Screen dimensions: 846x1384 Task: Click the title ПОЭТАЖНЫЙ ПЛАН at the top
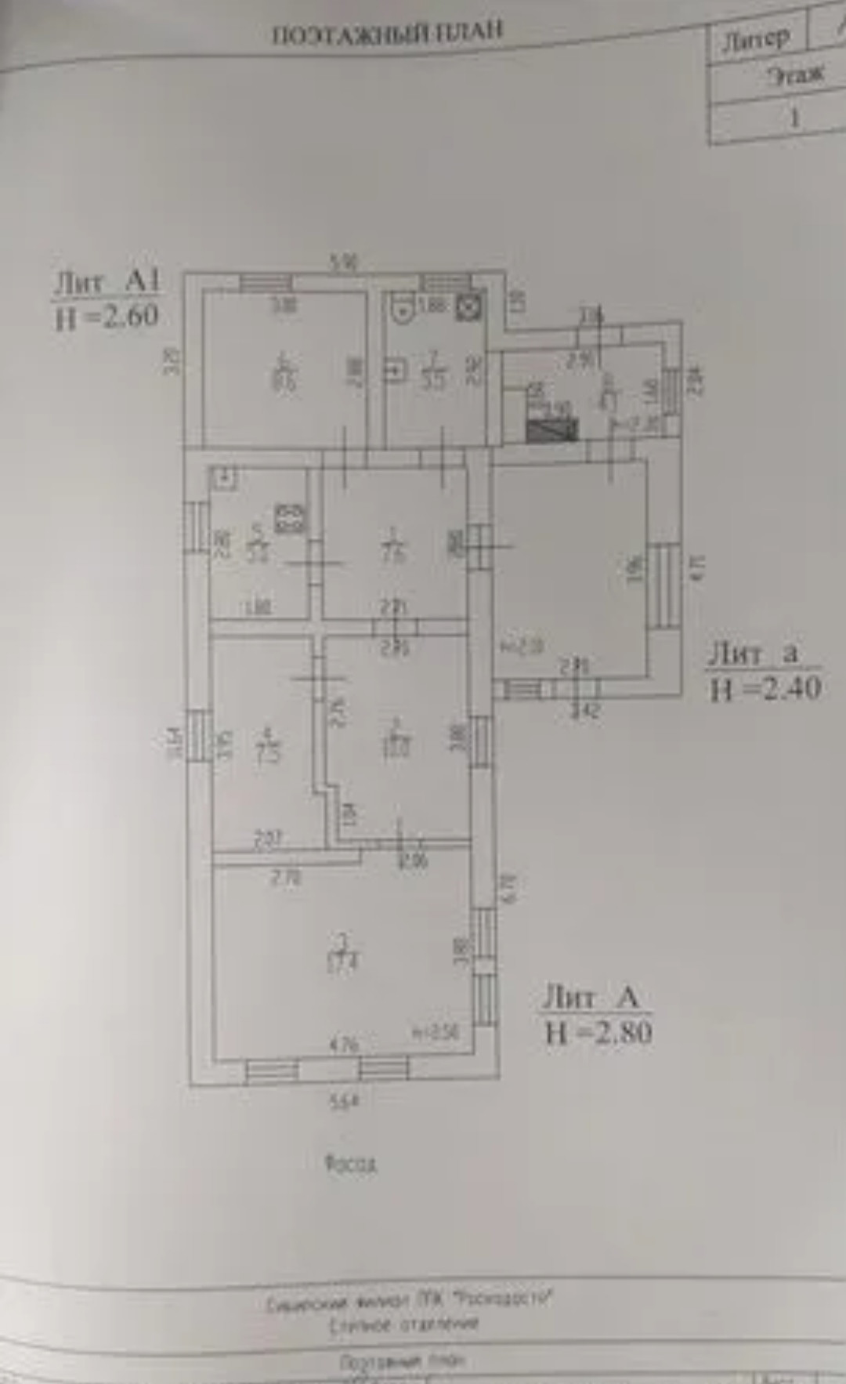[x=387, y=33]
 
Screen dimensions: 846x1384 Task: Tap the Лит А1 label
[x=107, y=282]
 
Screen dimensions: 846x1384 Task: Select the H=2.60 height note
[x=107, y=316]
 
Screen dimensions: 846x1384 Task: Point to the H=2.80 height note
[x=598, y=1032]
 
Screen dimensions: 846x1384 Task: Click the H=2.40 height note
[x=765, y=689]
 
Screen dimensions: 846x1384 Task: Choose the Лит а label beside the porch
[x=754, y=654]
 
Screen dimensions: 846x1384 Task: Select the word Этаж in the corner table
[x=796, y=75]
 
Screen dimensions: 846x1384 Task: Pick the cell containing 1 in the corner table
[x=794, y=118]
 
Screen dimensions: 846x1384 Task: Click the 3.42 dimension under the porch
[x=585, y=711]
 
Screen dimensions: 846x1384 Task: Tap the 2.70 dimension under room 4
[x=286, y=877]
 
